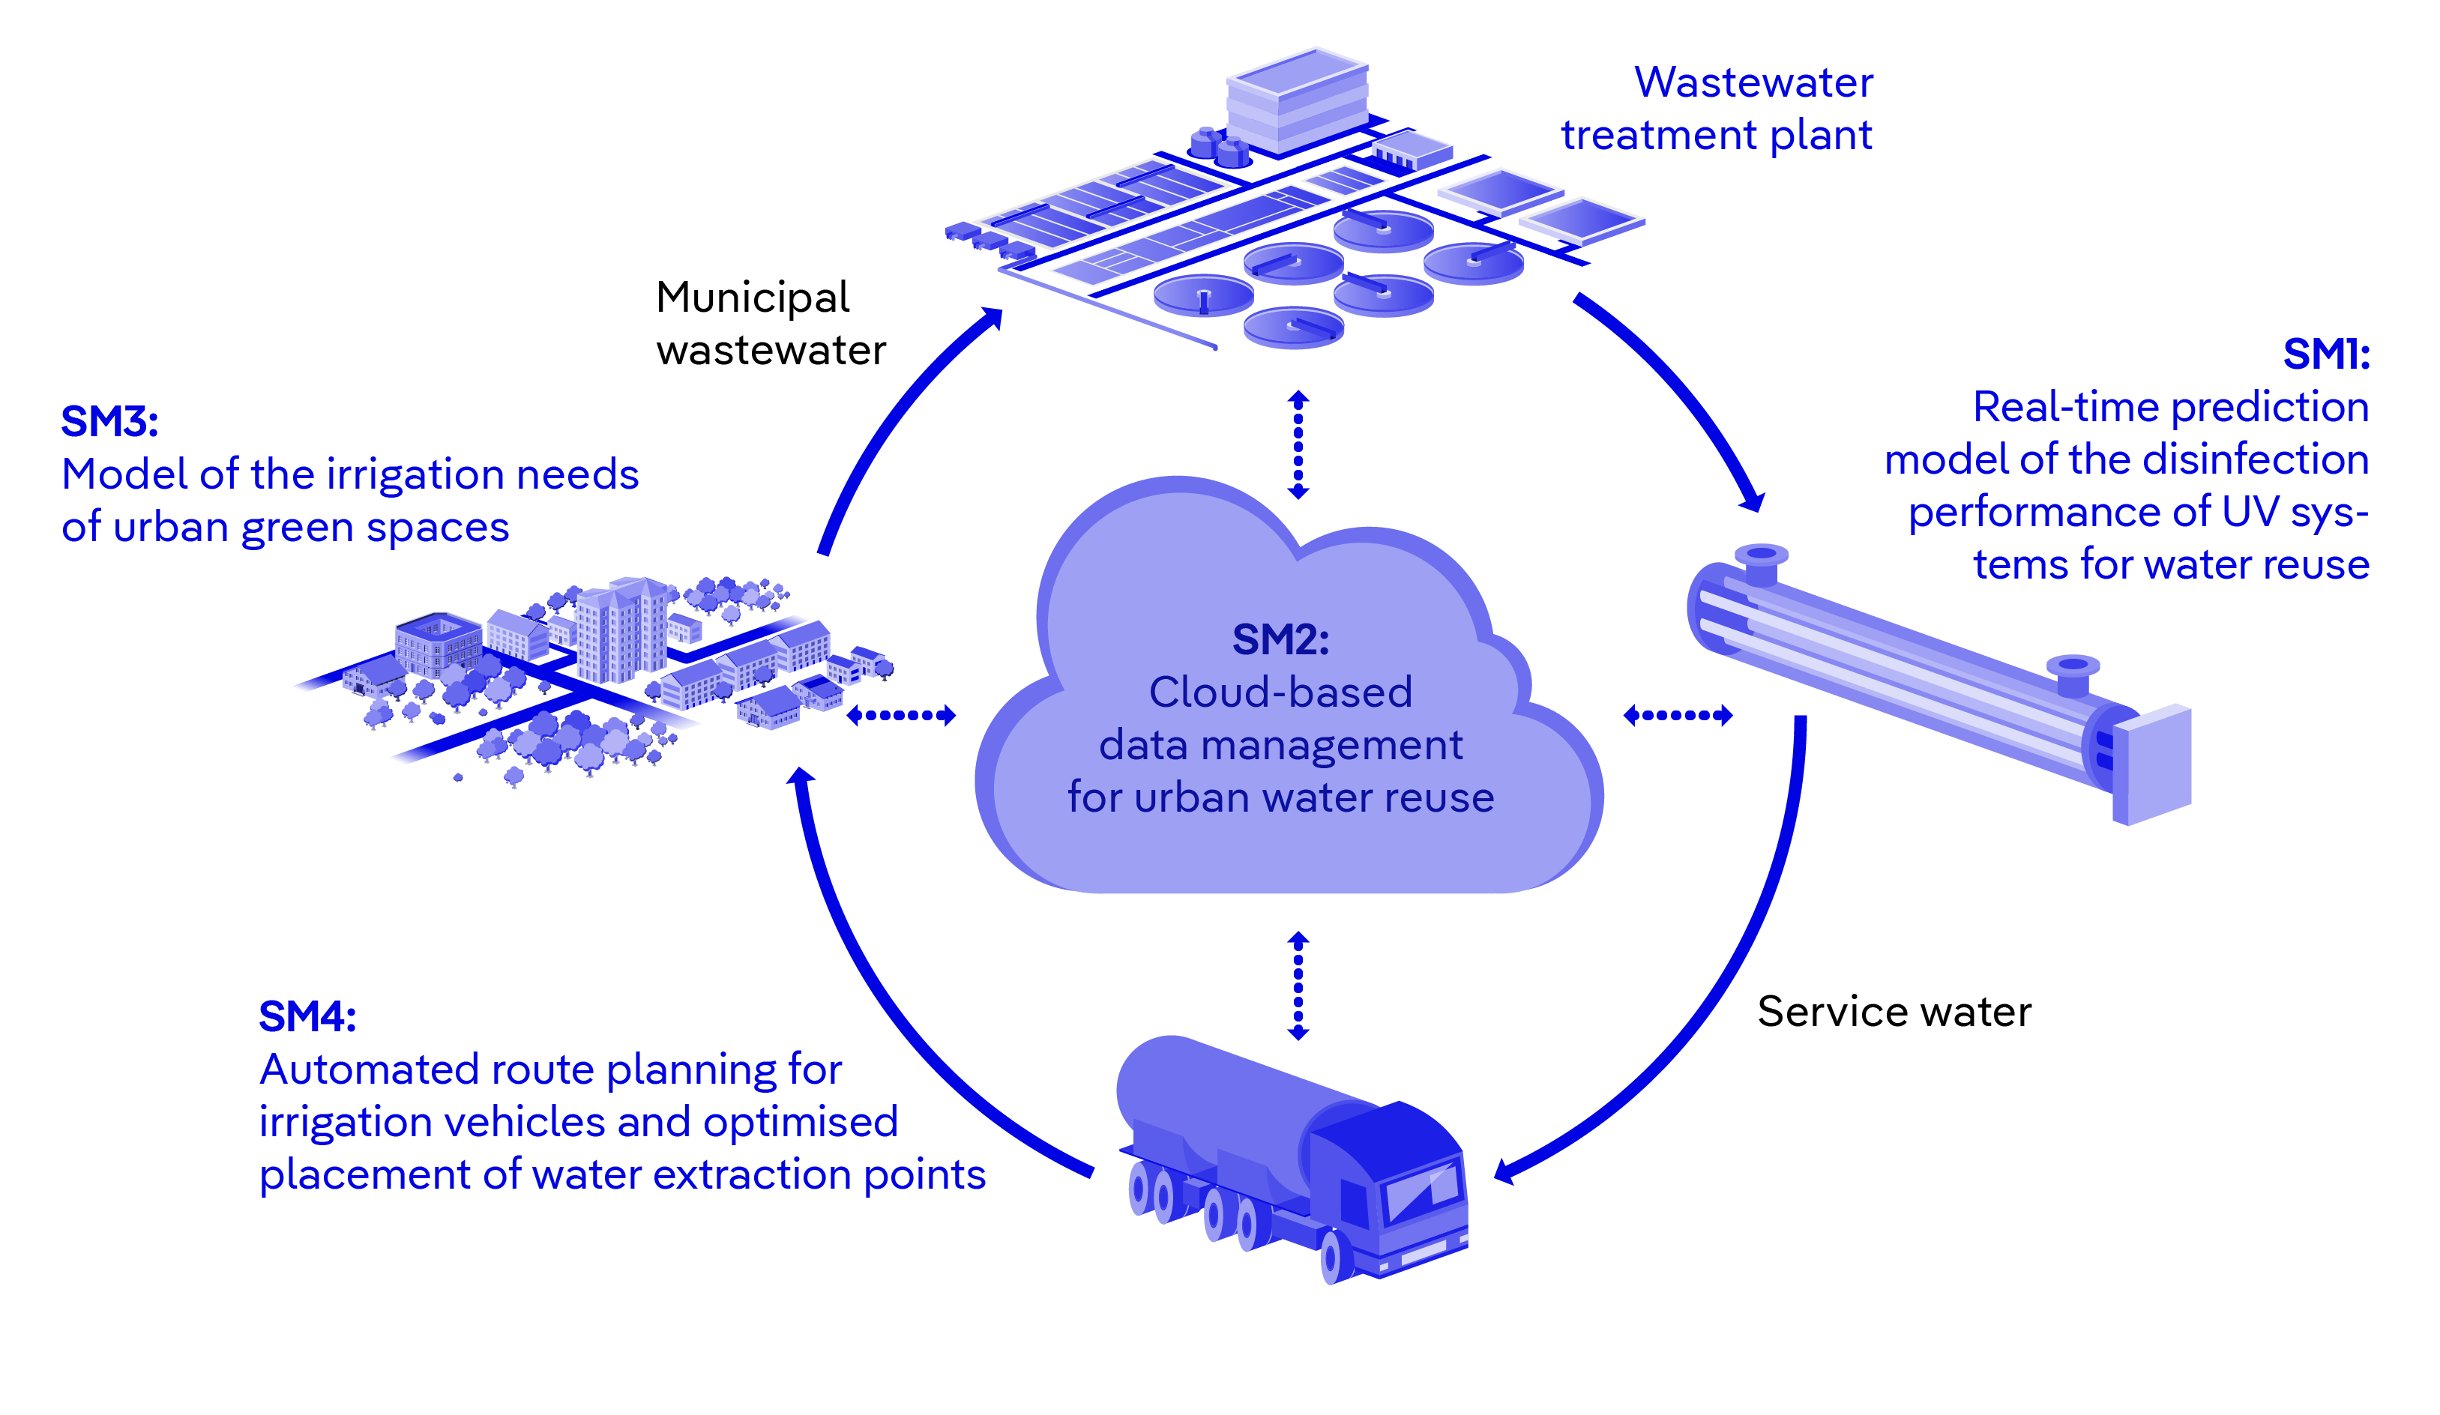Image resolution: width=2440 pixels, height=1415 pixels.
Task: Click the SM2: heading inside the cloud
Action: click(1280, 640)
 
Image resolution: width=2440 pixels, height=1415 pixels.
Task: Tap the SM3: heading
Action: click(109, 422)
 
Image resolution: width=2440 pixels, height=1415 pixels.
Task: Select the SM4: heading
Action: click(307, 1017)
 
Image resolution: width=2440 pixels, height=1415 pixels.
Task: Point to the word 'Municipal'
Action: click(753, 297)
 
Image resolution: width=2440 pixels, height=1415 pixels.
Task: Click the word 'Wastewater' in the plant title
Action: click(1753, 82)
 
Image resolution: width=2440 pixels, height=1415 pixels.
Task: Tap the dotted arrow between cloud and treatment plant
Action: click(1298, 445)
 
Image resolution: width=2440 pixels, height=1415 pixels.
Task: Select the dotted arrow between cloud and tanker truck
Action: click(1298, 986)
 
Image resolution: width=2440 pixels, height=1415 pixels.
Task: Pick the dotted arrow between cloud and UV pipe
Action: click(1677, 715)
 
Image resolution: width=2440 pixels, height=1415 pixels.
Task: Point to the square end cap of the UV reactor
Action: click(2154, 764)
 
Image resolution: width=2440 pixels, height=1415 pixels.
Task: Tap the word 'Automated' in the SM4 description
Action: click(371, 1069)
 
